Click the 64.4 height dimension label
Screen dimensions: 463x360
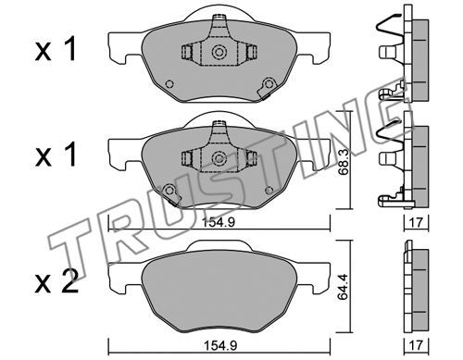coord(343,286)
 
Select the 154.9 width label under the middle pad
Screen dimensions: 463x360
coord(219,222)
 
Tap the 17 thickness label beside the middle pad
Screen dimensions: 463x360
coord(416,222)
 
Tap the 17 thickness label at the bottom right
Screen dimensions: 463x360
coord(416,345)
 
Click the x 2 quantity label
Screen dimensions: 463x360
coord(56,284)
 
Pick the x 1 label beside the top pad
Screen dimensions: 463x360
coord(56,50)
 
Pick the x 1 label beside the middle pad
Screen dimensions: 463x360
coord(56,155)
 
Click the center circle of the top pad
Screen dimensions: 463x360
coord(219,52)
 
